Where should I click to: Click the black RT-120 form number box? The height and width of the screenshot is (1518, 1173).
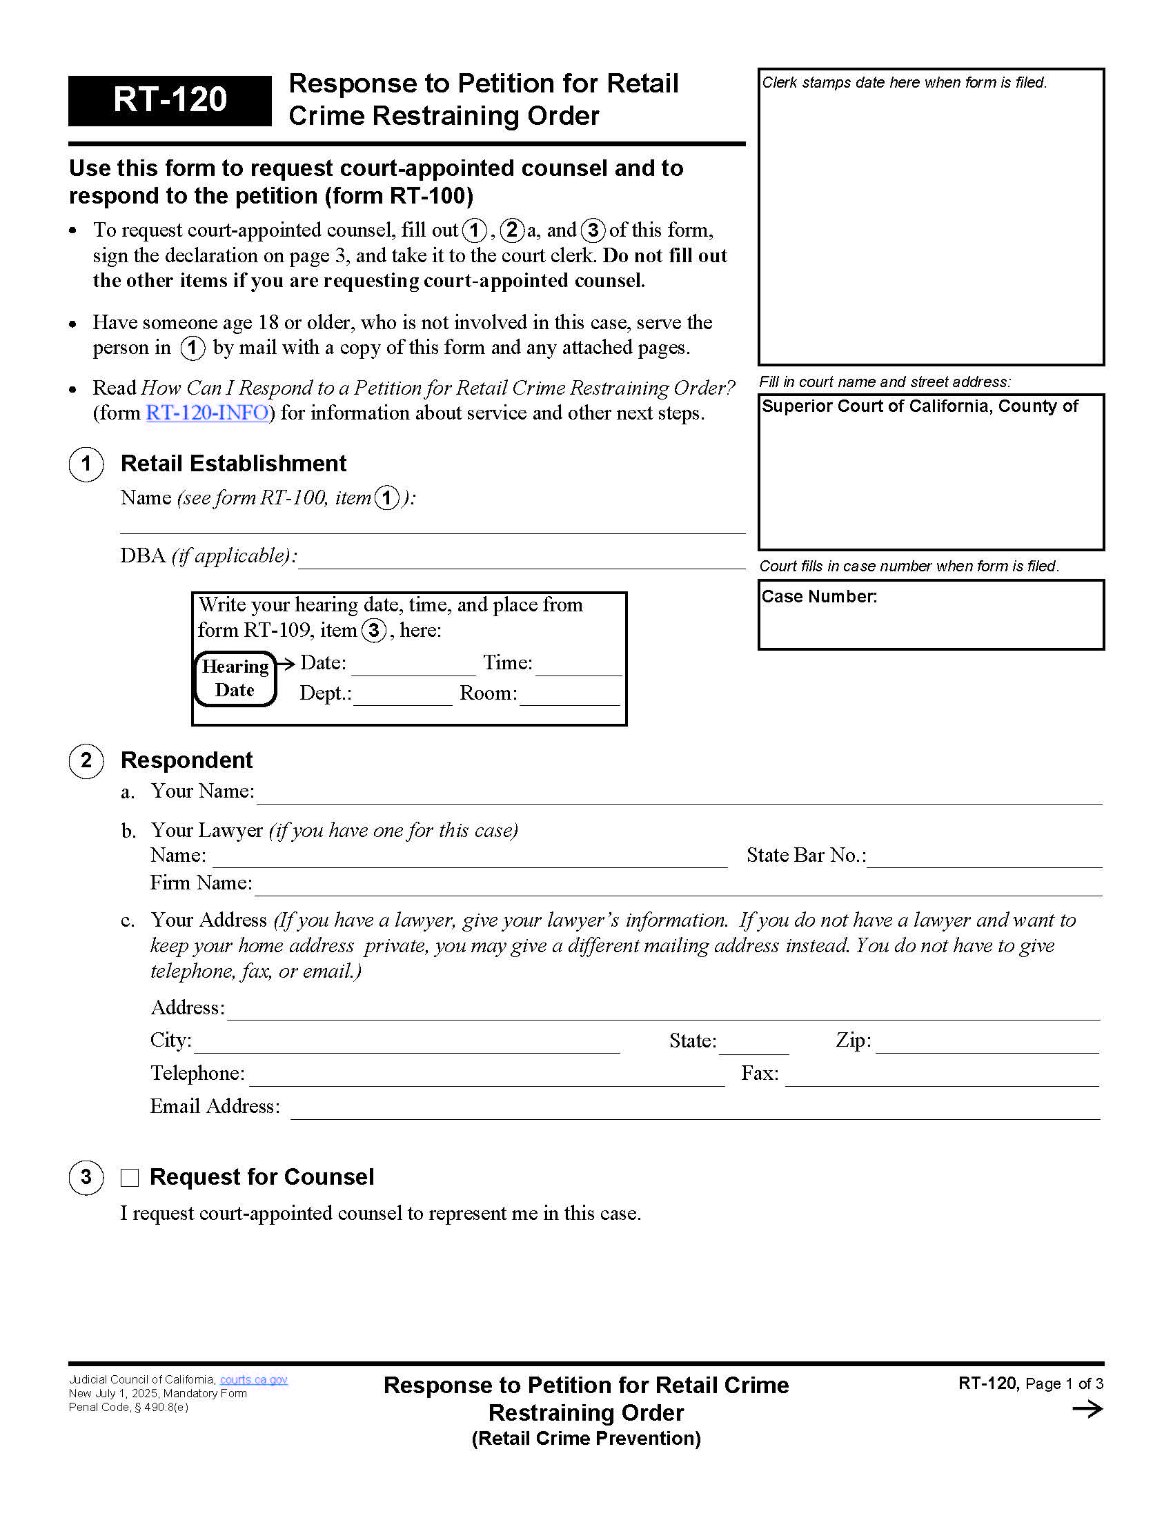pyautogui.click(x=170, y=100)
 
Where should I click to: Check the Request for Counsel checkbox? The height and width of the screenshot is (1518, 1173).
pyautogui.click(x=130, y=1177)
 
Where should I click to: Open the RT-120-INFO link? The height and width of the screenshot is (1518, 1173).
pyautogui.click(x=206, y=413)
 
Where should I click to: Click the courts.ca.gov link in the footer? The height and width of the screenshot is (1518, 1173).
pyautogui.click(x=254, y=1380)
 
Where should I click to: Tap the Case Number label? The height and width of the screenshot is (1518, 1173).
pyautogui.click(x=819, y=596)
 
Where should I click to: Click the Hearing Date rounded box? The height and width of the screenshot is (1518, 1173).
pyautogui.click(x=235, y=678)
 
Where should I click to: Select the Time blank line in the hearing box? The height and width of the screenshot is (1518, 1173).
pyautogui.click(x=578, y=667)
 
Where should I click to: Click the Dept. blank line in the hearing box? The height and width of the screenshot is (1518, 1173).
pyautogui.click(x=403, y=698)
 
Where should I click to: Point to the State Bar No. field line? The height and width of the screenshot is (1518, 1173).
pyautogui.click(x=984, y=860)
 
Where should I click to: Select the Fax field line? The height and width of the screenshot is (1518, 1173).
pyautogui.click(x=942, y=1078)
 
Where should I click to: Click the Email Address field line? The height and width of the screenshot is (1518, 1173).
pyautogui.click(x=695, y=1111)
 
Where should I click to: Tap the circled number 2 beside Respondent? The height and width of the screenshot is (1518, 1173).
pyautogui.click(x=86, y=760)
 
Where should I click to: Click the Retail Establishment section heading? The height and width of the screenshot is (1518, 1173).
pyautogui.click(x=233, y=464)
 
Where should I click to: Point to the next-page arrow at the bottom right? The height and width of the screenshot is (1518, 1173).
pyautogui.click(x=1087, y=1409)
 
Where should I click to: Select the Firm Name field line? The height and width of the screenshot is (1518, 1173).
pyautogui.click(x=678, y=887)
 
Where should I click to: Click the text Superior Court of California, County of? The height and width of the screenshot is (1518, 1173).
pyautogui.click(x=918, y=406)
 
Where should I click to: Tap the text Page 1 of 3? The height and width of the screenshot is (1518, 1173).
pyautogui.click(x=1064, y=1384)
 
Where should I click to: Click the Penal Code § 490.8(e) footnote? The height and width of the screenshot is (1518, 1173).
pyautogui.click(x=128, y=1408)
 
